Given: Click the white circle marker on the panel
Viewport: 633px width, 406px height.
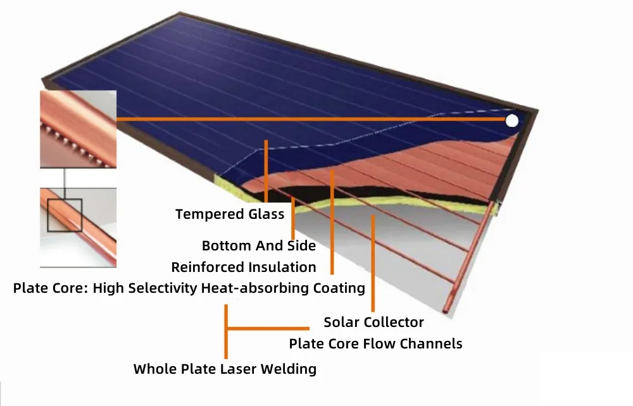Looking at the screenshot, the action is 512,121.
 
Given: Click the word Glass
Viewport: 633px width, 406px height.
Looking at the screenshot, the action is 266,214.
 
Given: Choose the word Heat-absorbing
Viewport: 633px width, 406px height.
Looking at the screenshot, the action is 255,288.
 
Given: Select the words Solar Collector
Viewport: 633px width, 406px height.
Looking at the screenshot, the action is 374,322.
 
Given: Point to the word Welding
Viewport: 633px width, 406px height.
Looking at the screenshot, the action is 289,369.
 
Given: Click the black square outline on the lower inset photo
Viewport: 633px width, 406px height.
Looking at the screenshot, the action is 65,199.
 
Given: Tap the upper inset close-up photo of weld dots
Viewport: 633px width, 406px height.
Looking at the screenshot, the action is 78,129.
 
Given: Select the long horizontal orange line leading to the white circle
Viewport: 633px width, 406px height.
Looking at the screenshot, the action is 311,119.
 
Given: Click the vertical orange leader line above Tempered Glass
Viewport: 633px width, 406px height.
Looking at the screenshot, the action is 266,171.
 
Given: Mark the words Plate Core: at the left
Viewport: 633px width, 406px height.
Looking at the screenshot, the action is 51,288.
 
